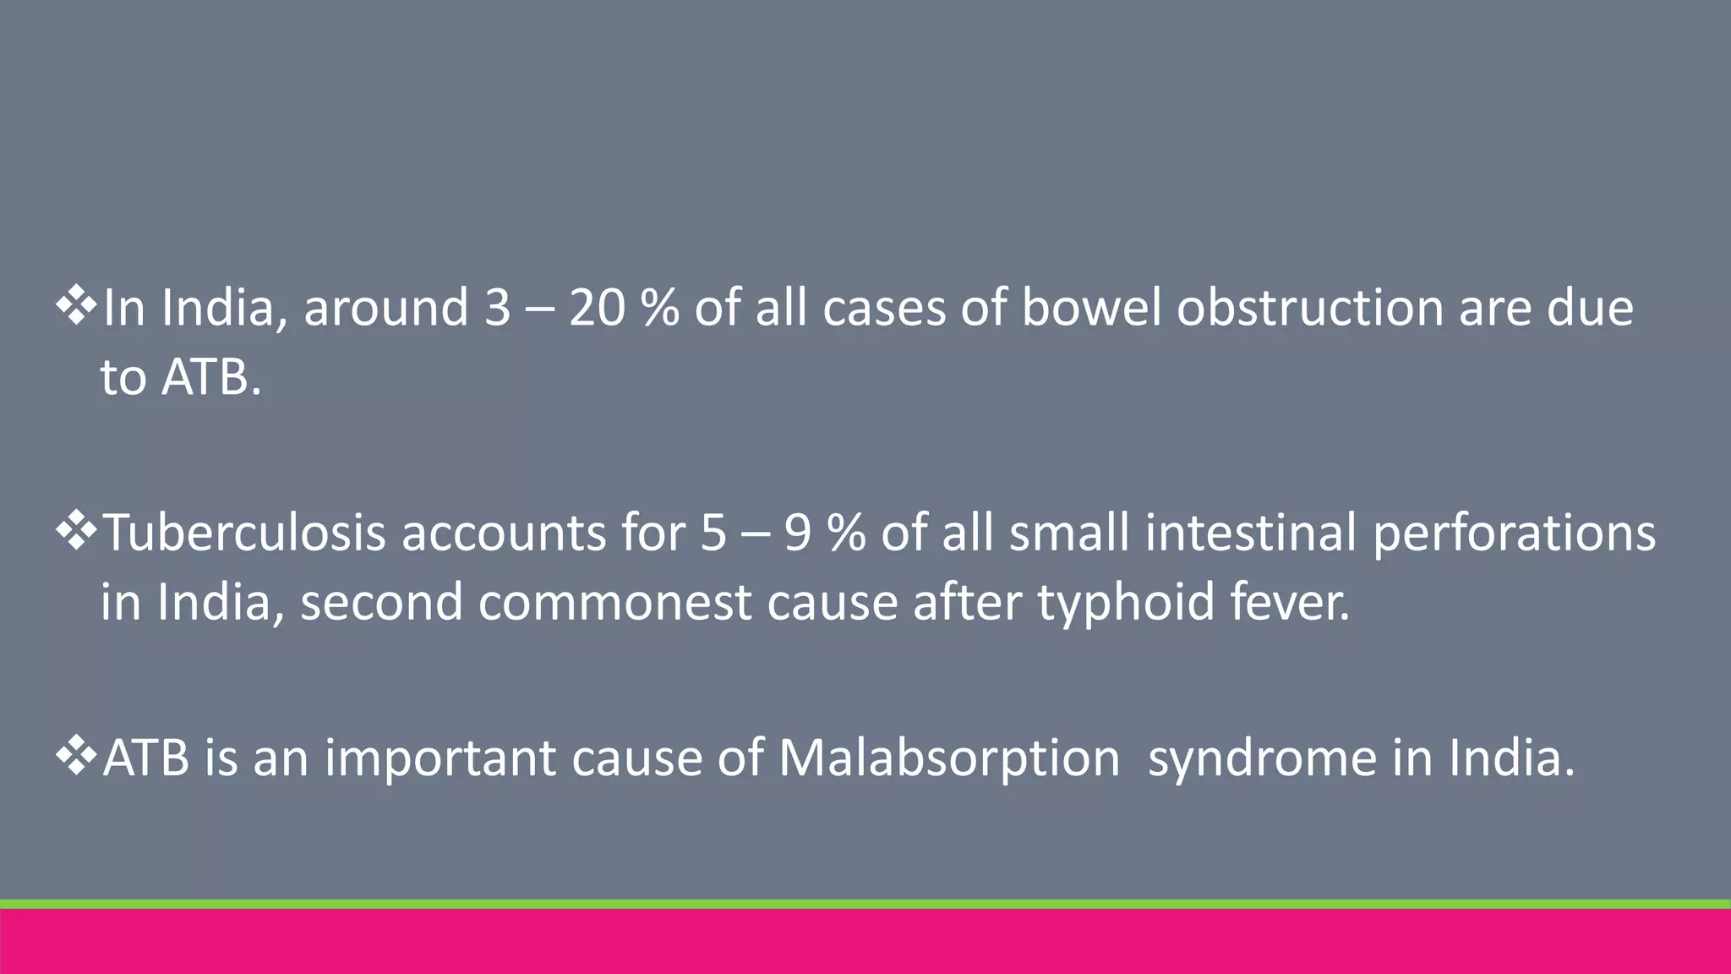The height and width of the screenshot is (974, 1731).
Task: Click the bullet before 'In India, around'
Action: [x=76, y=307]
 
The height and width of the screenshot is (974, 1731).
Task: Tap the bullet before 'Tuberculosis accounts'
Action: [x=76, y=533]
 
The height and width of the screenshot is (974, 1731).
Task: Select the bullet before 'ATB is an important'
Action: [x=76, y=757]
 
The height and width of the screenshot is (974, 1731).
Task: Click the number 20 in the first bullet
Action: [x=596, y=308]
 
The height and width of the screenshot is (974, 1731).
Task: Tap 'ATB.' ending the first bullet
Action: [x=211, y=377]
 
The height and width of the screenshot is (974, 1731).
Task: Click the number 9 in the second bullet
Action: [x=798, y=534]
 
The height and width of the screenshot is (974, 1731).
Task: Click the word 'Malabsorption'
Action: [x=948, y=759]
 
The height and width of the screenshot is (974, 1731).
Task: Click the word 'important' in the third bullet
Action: [x=440, y=759]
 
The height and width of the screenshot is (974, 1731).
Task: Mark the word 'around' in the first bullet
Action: [x=385, y=308]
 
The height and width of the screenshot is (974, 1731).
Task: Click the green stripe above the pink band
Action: [x=865, y=904]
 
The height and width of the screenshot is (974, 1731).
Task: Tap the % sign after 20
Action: [x=659, y=308]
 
